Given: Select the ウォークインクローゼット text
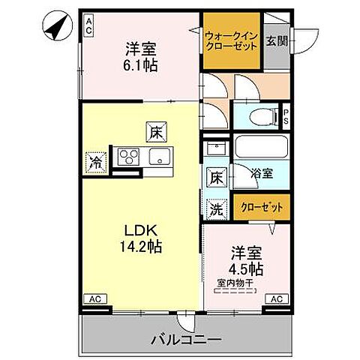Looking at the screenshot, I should click(232, 40).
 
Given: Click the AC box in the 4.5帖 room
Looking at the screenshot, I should click(275, 298).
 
